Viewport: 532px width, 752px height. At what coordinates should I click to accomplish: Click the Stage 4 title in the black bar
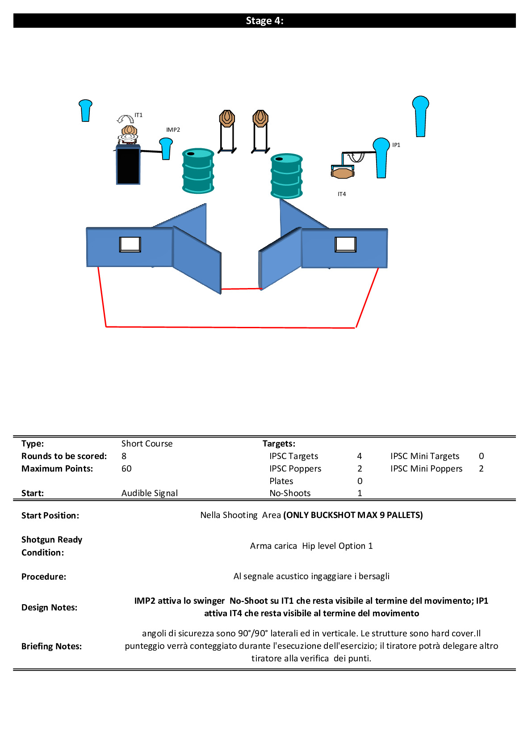[264, 21]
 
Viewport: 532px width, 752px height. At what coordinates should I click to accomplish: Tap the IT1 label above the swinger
[138, 115]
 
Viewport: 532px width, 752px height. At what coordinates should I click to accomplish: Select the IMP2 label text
[173, 130]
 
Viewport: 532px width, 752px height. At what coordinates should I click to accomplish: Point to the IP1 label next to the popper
[396, 145]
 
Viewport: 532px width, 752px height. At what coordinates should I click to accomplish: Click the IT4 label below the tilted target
[342, 194]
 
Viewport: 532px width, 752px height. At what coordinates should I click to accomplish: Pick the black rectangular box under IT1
[128, 165]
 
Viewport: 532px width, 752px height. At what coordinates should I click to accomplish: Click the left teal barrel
[198, 171]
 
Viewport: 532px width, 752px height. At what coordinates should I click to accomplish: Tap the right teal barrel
[286, 176]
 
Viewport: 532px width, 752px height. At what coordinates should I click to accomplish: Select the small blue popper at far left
[85, 110]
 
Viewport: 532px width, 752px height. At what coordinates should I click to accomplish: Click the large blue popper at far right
[420, 116]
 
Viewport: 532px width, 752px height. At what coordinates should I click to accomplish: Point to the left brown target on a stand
[227, 119]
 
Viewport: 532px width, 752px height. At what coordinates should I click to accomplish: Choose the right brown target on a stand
[260, 119]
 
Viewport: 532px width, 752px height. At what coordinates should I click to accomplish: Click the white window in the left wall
[130, 244]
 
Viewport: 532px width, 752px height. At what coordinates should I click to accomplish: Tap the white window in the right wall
[346, 244]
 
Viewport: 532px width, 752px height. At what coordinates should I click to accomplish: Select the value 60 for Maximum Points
[126, 469]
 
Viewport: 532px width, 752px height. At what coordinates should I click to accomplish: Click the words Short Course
[147, 444]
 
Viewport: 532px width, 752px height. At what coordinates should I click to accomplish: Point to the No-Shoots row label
[290, 493]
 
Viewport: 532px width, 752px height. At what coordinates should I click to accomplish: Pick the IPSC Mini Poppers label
[426, 469]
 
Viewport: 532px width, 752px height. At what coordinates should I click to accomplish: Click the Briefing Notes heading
[51, 647]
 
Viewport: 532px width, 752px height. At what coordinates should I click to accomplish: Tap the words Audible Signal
[150, 493]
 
